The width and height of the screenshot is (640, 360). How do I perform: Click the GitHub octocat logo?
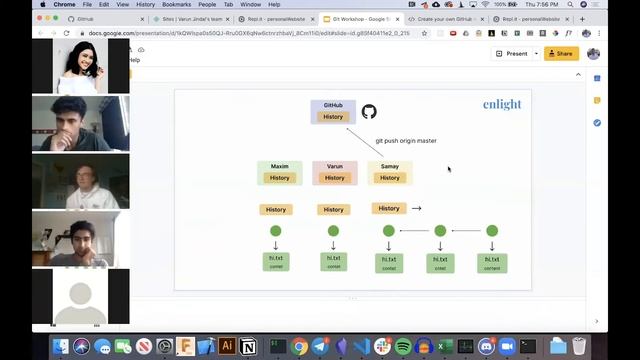click(x=369, y=112)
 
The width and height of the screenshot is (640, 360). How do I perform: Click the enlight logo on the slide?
click(x=502, y=104)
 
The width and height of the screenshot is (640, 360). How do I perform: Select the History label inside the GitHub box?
click(x=333, y=117)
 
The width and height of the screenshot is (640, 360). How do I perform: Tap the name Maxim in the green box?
click(x=279, y=166)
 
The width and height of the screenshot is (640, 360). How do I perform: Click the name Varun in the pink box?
click(x=334, y=166)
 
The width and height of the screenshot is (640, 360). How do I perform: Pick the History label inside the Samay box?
click(x=390, y=178)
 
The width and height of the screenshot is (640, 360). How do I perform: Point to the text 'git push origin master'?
click(x=406, y=141)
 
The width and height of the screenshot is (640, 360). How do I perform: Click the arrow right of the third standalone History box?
click(x=416, y=208)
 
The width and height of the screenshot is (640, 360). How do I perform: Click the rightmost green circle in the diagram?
click(x=492, y=231)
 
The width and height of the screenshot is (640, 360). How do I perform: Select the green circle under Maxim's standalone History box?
click(x=276, y=231)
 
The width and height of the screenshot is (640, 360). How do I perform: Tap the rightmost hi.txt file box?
click(x=492, y=263)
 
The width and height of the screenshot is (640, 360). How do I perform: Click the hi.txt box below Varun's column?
click(x=334, y=262)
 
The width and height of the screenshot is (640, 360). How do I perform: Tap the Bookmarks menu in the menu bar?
click(x=176, y=4)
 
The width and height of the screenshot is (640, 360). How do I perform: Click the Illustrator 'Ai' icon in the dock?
click(x=227, y=346)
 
